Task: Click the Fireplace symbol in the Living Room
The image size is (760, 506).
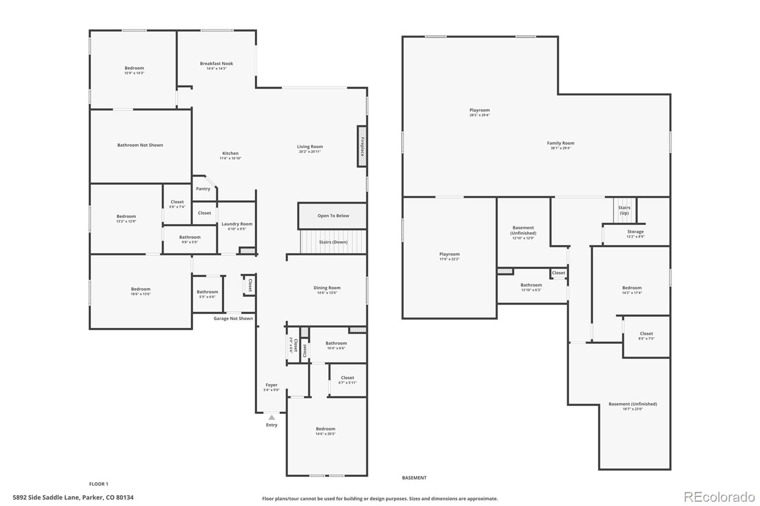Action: click(x=362, y=146)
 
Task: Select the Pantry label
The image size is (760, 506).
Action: click(x=203, y=189)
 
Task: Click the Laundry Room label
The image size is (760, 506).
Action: click(x=237, y=224)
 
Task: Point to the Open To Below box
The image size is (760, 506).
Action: click(x=333, y=216)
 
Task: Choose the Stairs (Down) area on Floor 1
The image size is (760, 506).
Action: click(x=333, y=242)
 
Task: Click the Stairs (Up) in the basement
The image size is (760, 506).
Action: click(x=624, y=210)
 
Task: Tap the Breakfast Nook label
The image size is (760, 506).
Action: click(x=217, y=64)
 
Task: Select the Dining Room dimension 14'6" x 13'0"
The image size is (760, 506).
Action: click(x=327, y=293)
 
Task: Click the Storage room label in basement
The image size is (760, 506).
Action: click(x=635, y=232)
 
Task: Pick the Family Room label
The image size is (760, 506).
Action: click(x=560, y=143)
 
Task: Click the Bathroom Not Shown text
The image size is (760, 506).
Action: click(x=140, y=145)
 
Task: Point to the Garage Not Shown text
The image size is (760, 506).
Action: click(x=233, y=319)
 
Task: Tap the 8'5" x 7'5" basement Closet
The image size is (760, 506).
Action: click(x=646, y=336)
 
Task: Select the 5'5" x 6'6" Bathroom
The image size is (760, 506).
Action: click(x=207, y=294)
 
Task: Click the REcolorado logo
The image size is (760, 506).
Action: click(x=719, y=497)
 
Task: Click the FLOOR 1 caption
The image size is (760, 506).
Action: click(x=99, y=484)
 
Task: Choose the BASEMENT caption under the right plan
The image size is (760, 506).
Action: click(x=414, y=478)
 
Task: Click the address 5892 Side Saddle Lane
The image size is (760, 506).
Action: click(x=73, y=498)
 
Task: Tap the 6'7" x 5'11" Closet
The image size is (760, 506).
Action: click(x=347, y=380)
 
